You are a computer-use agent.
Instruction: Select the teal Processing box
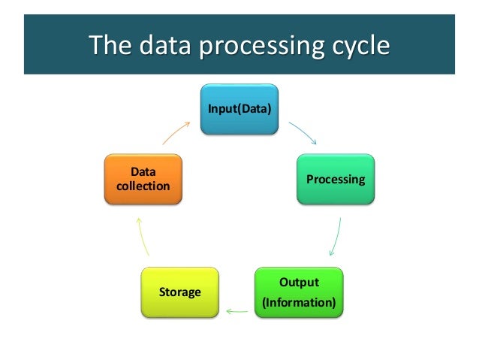(x=335, y=180)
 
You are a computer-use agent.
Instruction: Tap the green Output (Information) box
(x=299, y=292)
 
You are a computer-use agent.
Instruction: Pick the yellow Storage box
(x=180, y=291)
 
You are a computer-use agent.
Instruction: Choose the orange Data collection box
(x=143, y=180)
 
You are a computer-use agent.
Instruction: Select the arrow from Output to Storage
(x=239, y=308)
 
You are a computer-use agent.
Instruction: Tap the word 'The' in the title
(x=108, y=47)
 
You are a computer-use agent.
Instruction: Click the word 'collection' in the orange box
(x=143, y=186)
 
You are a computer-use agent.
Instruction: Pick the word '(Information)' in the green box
(x=299, y=304)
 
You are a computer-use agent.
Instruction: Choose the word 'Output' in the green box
(x=299, y=283)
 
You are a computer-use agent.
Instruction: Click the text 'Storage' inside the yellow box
(x=180, y=291)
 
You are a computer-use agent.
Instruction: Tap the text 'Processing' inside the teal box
(x=335, y=180)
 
